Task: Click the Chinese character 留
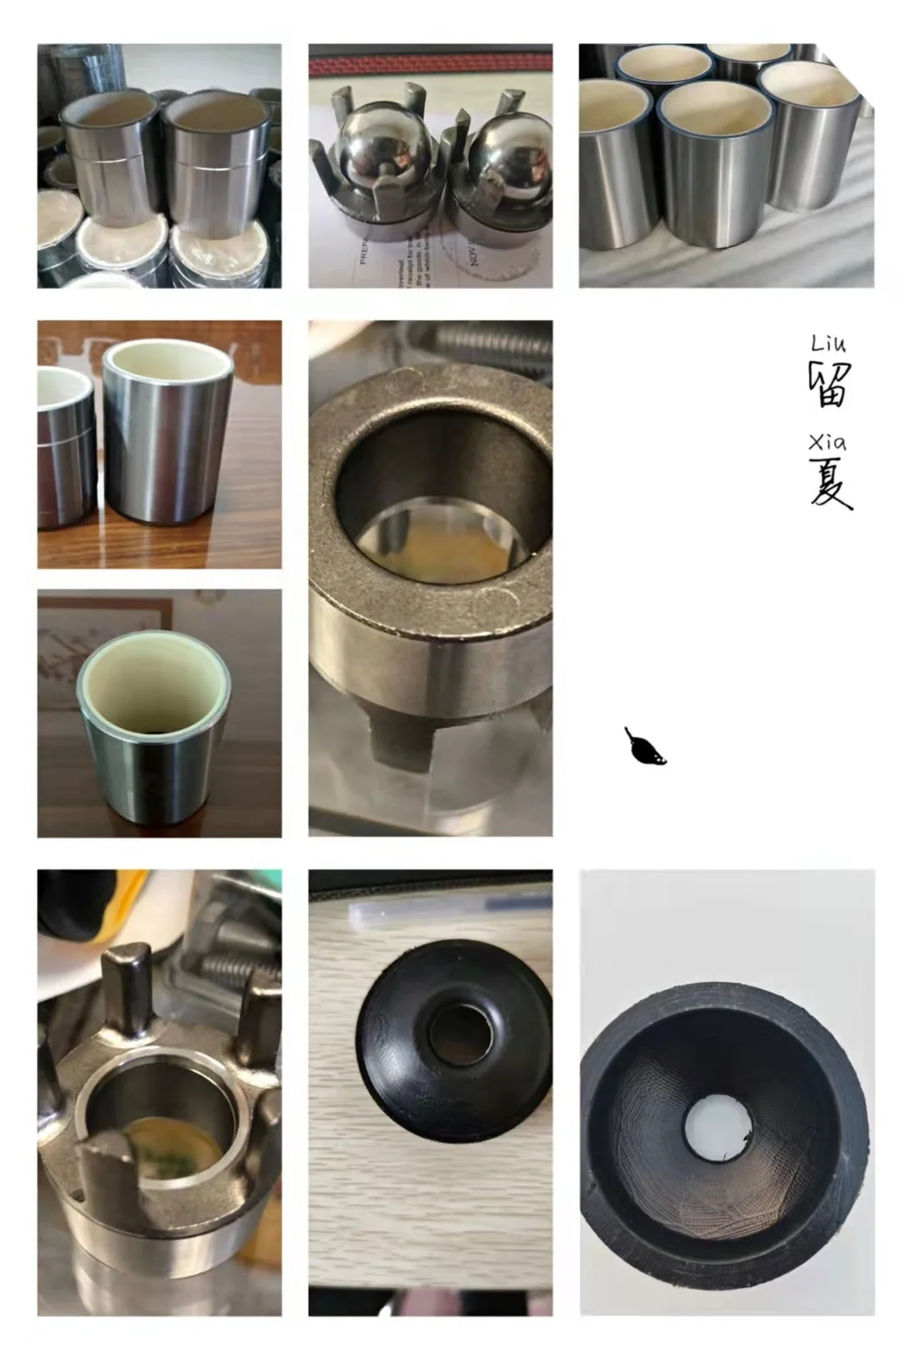[x=829, y=383]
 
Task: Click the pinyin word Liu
[x=828, y=343]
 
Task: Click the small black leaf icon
[x=645, y=748]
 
